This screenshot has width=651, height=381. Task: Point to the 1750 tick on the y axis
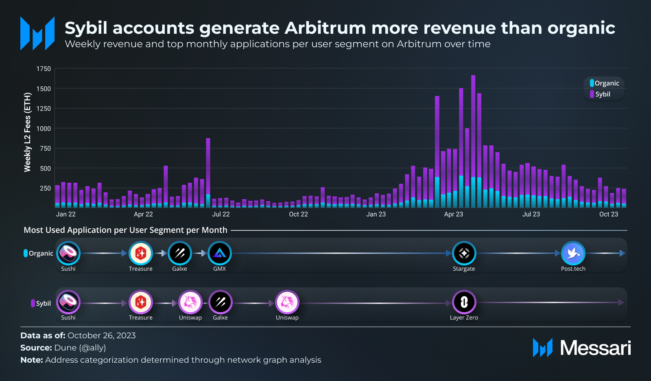[44, 69]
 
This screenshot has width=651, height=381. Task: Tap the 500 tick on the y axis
[45, 169]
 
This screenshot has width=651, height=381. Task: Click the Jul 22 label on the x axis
[221, 214]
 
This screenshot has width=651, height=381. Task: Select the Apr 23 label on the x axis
[454, 214]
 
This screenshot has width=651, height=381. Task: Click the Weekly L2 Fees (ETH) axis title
[27, 132]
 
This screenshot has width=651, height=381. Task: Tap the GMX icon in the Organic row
[220, 253]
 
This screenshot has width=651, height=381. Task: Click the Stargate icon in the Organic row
[464, 253]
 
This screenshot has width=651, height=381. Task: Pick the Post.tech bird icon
[573, 253]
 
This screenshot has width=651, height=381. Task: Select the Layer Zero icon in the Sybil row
[464, 302]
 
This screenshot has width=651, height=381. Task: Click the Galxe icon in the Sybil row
[220, 302]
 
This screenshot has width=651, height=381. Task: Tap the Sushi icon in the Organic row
[68, 253]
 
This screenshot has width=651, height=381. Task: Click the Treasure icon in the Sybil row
[141, 302]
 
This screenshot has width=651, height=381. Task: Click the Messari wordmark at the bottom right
[595, 348]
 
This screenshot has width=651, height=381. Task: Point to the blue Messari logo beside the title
[37, 33]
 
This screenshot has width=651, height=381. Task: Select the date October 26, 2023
[101, 335]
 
